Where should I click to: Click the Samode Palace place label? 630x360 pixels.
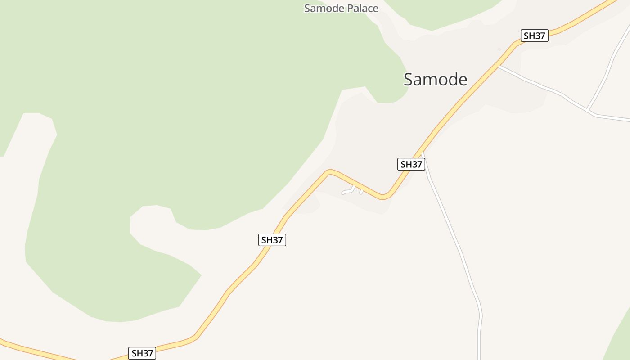pos(341,8)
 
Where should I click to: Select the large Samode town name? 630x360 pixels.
pos(435,80)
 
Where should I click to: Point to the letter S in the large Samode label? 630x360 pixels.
pos(409,80)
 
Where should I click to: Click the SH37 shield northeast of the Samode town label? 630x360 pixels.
pos(534,36)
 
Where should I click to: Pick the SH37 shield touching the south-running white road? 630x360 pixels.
pos(411,164)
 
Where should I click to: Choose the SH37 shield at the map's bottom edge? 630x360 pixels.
pos(142,353)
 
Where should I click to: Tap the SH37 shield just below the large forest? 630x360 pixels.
pos(272,240)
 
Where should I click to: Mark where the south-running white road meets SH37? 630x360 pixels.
pos(422,153)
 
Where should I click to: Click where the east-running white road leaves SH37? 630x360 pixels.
pos(499,66)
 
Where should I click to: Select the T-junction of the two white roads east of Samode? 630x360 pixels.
pos(588,109)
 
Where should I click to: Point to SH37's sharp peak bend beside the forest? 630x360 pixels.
pos(330,171)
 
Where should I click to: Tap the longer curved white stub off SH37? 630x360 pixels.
pos(348,191)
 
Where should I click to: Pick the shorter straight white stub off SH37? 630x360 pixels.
pos(361,192)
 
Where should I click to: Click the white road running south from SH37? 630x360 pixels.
pos(454,238)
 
